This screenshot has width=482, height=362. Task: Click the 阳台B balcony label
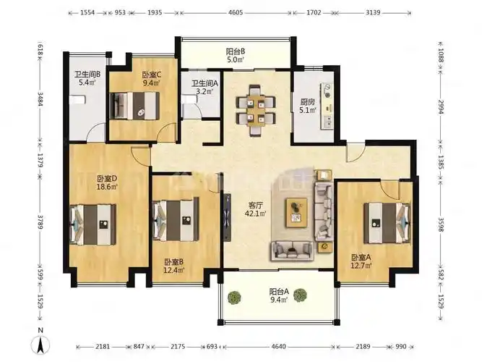235,51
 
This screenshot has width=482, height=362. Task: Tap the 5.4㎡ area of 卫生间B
87,83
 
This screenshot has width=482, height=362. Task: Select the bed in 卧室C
135,106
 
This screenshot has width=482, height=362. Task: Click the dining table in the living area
256,110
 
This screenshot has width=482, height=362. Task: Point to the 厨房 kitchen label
307,101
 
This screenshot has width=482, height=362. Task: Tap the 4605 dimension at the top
236,12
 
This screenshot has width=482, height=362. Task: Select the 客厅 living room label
255,205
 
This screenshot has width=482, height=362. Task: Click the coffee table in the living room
296,213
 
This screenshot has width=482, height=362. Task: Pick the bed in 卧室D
92,224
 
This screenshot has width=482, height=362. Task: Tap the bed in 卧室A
387,223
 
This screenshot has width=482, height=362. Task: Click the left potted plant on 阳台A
234,298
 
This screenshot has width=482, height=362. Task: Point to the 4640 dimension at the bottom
278,347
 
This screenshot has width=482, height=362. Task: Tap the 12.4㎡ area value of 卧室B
174,271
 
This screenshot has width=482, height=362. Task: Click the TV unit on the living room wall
227,217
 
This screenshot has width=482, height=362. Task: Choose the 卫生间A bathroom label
205,83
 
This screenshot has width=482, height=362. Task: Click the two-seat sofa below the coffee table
292,251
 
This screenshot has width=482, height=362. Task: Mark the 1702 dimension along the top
314,12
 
